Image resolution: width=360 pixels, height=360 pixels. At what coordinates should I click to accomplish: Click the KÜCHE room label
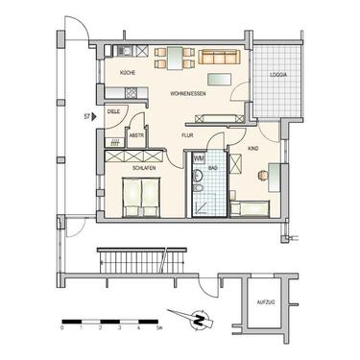pos(127,73)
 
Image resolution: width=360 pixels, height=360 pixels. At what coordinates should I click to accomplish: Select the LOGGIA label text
pos(278,73)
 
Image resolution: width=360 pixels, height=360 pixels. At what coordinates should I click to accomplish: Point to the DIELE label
pos(112,111)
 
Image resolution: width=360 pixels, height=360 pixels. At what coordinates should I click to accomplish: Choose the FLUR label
pos(187,135)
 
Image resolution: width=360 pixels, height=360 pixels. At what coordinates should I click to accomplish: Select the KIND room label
pos(253,150)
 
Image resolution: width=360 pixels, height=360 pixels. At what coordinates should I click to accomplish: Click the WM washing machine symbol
pos(200,158)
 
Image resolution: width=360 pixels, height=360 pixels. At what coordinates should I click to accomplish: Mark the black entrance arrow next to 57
pos(95,114)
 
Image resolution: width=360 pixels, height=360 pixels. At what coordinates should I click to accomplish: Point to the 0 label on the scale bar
pos(62,327)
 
